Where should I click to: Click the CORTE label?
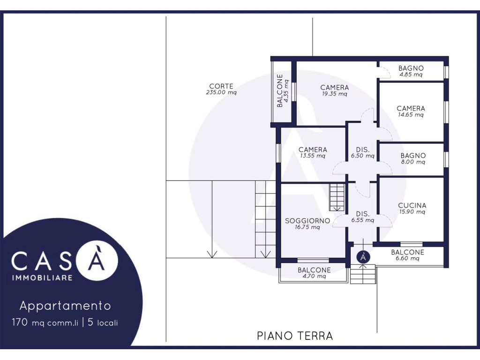pyautogui.click(x=221, y=86)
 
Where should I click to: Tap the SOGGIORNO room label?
pyautogui.click(x=307, y=221)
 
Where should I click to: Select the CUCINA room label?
pyautogui.click(x=412, y=205)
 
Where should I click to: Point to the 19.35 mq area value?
pyautogui.click(x=334, y=94)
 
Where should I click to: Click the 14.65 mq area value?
pyautogui.click(x=411, y=115)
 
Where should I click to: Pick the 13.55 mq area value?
pyautogui.click(x=313, y=156)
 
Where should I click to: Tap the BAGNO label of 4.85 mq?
pyautogui.click(x=411, y=68)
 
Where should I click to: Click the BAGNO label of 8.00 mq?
pyautogui.click(x=413, y=156)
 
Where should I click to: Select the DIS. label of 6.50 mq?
pyautogui.click(x=363, y=150)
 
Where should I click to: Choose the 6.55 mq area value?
pyautogui.click(x=363, y=220)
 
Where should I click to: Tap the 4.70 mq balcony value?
pyautogui.click(x=314, y=276)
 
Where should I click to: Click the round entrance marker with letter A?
pyautogui.click(x=363, y=257)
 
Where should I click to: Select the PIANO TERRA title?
pyautogui.click(x=295, y=336)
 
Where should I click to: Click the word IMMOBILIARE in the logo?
pyautogui.click(x=42, y=277)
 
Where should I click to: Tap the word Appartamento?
pyautogui.click(x=65, y=306)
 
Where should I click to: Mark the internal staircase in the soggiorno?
pyautogui.click(x=337, y=197)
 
